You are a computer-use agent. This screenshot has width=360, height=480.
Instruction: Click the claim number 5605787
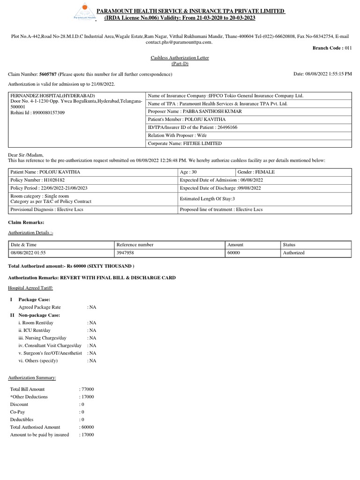click(48, 75)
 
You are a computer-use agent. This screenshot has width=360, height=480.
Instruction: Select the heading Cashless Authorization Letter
click(180, 58)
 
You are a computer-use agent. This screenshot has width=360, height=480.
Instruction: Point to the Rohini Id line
click(37, 113)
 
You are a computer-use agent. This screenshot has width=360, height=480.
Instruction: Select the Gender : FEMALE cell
click(257, 172)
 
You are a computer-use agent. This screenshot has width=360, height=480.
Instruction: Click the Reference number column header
click(135, 245)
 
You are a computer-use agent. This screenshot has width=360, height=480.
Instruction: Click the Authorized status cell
click(293, 253)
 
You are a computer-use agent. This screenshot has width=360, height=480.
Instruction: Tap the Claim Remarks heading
click(26, 222)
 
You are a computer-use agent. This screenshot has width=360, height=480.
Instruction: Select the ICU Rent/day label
click(35, 330)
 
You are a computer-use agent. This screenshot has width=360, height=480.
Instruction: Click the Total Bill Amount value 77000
click(87, 390)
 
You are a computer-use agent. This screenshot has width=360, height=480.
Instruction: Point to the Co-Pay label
click(18, 412)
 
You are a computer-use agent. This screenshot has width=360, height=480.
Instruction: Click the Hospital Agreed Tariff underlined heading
click(30, 288)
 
